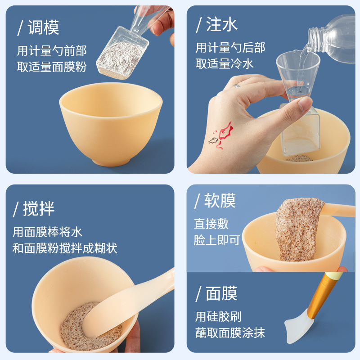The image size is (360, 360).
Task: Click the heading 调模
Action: pos(43,27)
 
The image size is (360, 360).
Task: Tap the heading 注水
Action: pos(222,24)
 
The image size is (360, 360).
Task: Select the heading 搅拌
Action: pos(39,209)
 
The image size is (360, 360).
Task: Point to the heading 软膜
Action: pos(220,200)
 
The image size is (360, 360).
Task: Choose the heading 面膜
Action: pos(221,293)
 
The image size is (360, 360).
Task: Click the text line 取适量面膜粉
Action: pos(52,67)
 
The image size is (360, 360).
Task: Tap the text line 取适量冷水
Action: pos(225,63)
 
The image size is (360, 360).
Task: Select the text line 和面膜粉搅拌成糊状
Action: pos(65,248)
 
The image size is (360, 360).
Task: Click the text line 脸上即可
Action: pos(217,240)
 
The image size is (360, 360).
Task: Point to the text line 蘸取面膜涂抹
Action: pos(230,333)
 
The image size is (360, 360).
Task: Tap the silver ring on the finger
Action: pos(237,86)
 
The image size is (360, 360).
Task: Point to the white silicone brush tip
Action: pos(299,326)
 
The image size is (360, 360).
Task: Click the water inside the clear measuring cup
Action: pos(298,91)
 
